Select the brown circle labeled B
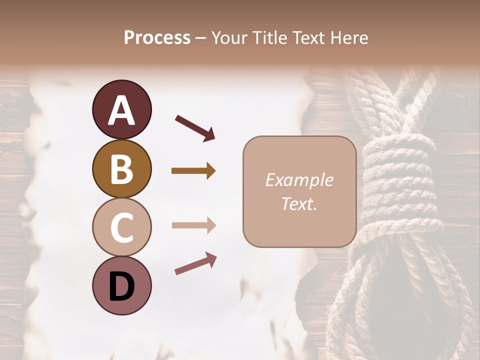(121, 169)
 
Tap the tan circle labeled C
(121, 227)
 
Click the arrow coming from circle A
(195, 127)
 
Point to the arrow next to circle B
(193, 171)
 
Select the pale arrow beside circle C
(193, 225)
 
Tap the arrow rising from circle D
(195, 264)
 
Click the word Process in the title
(157, 37)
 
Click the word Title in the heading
(270, 37)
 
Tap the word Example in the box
(299, 180)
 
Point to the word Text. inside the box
(299, 203)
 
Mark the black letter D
(121, 286)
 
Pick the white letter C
(121, 227)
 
